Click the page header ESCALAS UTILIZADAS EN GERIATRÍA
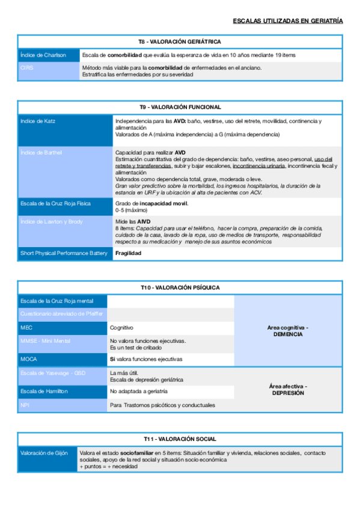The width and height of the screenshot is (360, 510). [288, 21]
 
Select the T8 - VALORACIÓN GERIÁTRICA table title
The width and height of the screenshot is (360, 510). [180, 41]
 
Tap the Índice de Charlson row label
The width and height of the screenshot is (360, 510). [43, 55]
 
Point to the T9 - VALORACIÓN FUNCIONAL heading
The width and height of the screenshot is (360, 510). [180, 107]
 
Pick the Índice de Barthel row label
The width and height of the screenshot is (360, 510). [41, 153]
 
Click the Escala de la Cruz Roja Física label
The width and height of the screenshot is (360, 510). [55, 203]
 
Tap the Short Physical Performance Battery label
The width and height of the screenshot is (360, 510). [64, 253]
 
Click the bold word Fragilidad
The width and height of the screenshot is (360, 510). [128, 253]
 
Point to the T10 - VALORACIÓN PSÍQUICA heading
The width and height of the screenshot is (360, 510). [180, 288]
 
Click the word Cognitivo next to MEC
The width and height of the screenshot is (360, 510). [121, 328]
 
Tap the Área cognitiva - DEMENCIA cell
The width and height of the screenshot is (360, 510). [287, 330]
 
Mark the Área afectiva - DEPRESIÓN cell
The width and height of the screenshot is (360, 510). [287, 389]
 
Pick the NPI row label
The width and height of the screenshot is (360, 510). [25, 405]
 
